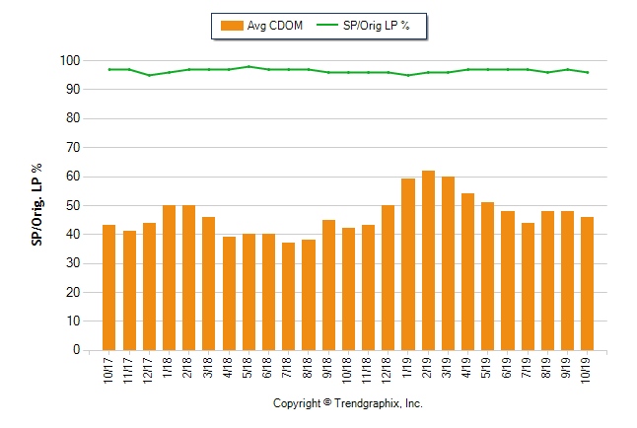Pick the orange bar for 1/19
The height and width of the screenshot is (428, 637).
(408, 264)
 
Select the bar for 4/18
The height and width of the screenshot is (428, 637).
(229, 293)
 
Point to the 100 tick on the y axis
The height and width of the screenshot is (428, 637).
(69, 60)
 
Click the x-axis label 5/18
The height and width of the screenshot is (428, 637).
(248, 370)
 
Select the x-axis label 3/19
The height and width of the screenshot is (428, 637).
(448, 370)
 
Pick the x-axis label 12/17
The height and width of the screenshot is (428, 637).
(149, 372)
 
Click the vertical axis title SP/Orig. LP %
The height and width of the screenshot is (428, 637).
(36, 205)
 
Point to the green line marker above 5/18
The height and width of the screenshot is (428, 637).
(248, 66)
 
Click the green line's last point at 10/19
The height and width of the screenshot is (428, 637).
(588, 72)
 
